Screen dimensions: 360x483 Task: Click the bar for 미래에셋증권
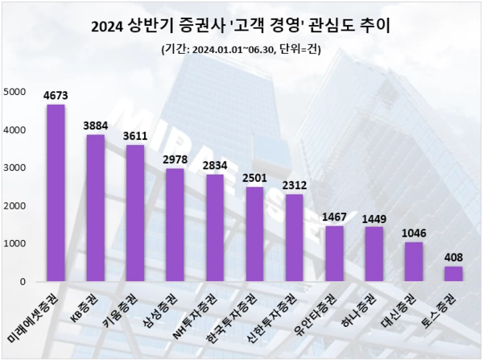point(56,193)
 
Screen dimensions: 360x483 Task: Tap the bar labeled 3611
point(135,213)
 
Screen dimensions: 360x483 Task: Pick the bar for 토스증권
point(453,274)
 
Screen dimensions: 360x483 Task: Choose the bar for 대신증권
point(414,262)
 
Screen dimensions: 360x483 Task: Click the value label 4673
point(56,97)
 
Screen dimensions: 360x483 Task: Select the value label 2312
point(294,186)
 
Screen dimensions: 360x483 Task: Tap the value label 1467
point(334,218)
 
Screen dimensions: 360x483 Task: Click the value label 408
point(453,259)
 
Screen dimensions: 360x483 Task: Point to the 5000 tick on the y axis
point(14,92)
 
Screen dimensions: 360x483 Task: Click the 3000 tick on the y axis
point(14,168)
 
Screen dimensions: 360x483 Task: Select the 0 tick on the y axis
point(23,282)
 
